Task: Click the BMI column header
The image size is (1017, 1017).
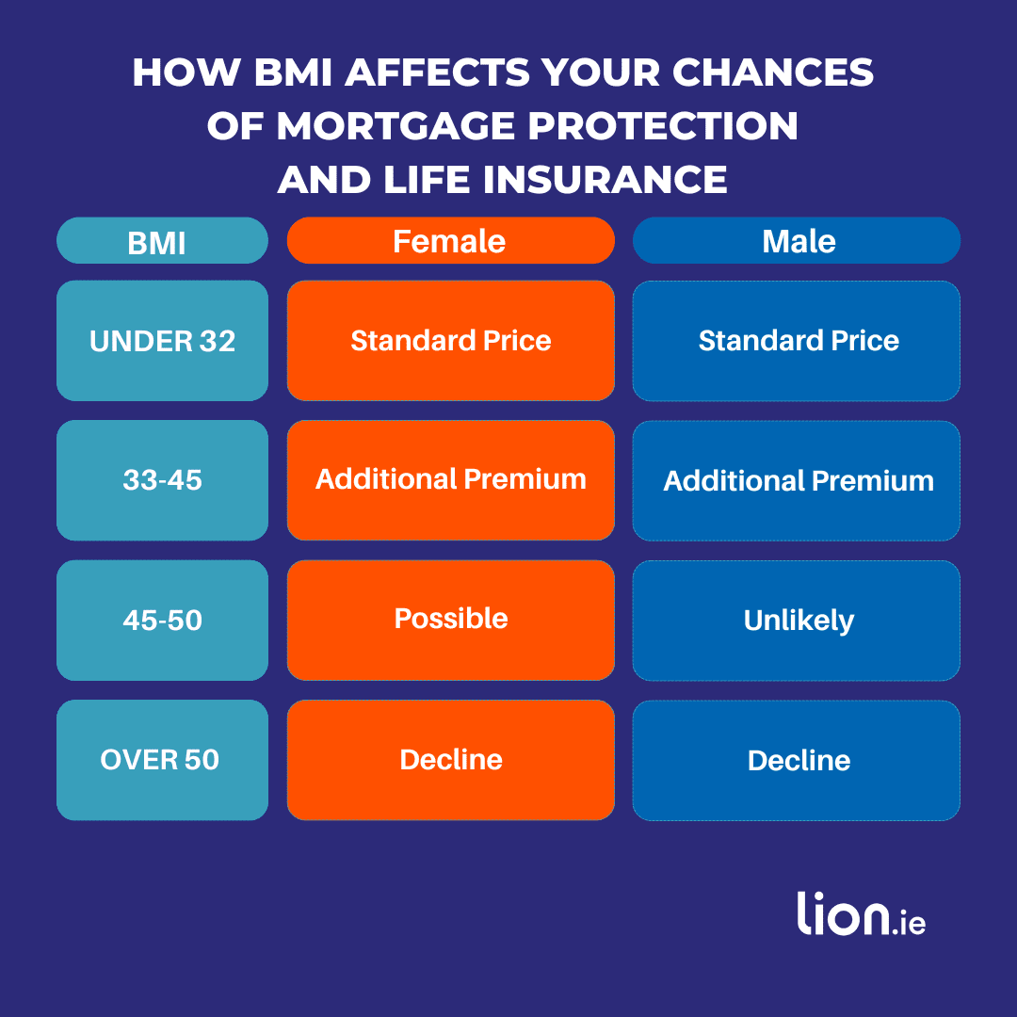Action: pos(162,241)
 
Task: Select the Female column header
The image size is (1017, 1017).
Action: pos(450,241)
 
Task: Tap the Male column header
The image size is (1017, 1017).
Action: pos(797,241)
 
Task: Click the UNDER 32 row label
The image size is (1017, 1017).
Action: pos(162,341)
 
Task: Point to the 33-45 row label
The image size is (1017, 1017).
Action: pos(162,480)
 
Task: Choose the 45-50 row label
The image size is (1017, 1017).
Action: pos(162,620)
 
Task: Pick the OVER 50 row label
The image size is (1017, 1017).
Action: pos(162,759)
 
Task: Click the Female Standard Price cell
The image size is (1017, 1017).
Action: pos(450,341)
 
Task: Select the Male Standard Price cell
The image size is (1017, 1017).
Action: pos(797,341)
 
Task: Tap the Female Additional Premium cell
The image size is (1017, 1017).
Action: pos(450,479)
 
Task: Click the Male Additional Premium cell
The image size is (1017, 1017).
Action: pos(797,480)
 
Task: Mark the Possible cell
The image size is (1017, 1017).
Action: pos(450,619)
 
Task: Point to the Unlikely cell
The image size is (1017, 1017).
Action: pos(797,621)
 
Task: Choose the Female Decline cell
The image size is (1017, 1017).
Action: pos(450,760)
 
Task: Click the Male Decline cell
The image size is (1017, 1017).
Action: pos(797,760)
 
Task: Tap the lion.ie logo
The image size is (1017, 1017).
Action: pos(861,913)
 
